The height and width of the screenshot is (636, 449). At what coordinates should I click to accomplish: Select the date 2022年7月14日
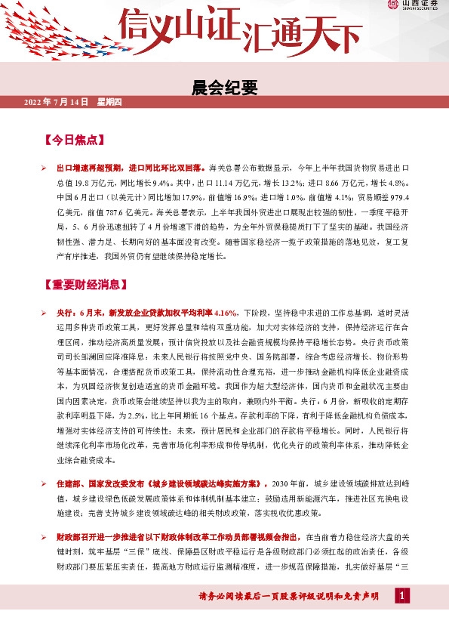click(x=57, y=101)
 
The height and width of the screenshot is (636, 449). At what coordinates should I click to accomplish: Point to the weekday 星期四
click(x=109, y=101)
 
